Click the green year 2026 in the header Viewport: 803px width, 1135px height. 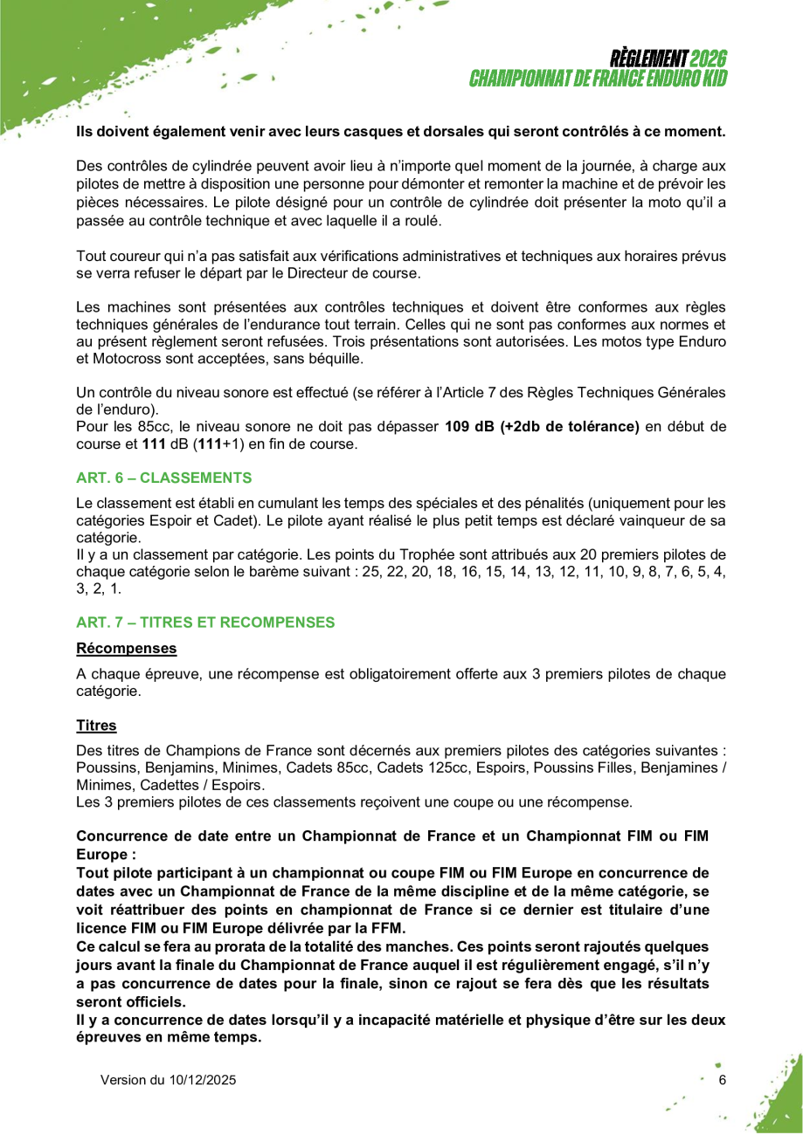click(708, 59)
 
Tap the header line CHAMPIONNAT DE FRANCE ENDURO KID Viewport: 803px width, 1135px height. click(599, 79)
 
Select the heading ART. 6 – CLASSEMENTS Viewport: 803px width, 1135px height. click(164, 478)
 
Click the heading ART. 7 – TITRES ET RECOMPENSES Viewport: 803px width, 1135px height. click(205, 623)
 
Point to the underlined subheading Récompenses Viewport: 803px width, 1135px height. click(127, 649)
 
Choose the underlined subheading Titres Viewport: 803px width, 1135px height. click(96, 726)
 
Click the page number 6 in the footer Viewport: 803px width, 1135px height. click(722, 1080)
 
